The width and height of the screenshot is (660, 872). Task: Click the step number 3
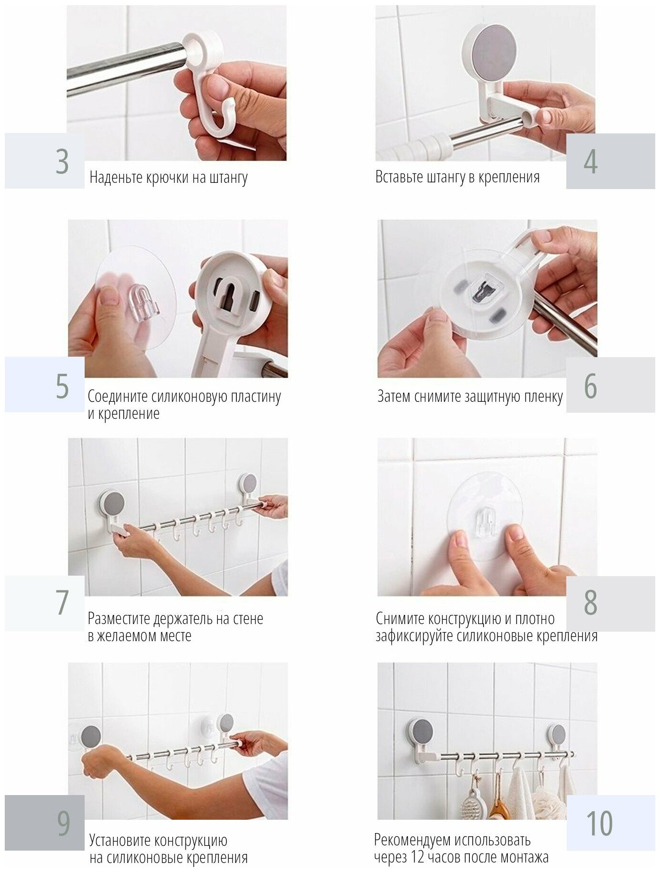click(62, 161)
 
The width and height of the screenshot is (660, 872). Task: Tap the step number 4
click(591, 161)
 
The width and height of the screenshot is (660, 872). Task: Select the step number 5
click(62, 386)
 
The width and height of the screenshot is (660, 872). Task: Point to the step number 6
click(591, 386)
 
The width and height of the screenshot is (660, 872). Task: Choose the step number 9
click(63, 823)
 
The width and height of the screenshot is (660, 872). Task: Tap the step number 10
click(599, 823)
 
